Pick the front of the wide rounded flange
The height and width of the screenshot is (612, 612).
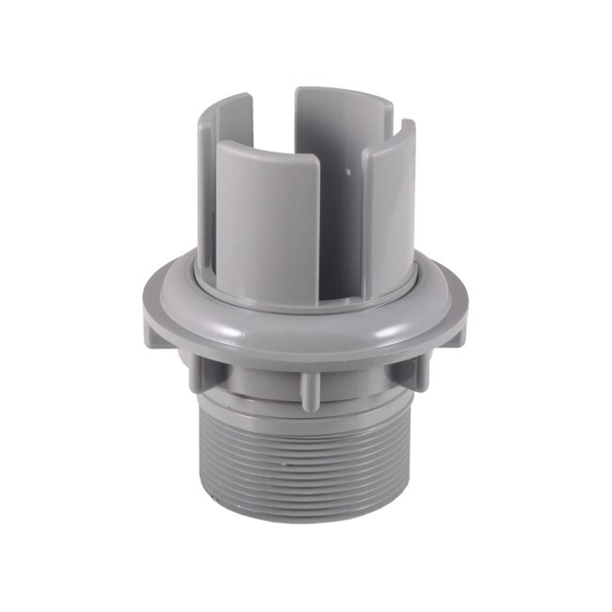click(x=301, y=334)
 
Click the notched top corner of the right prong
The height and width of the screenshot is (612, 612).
click(x=407, y=127)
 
